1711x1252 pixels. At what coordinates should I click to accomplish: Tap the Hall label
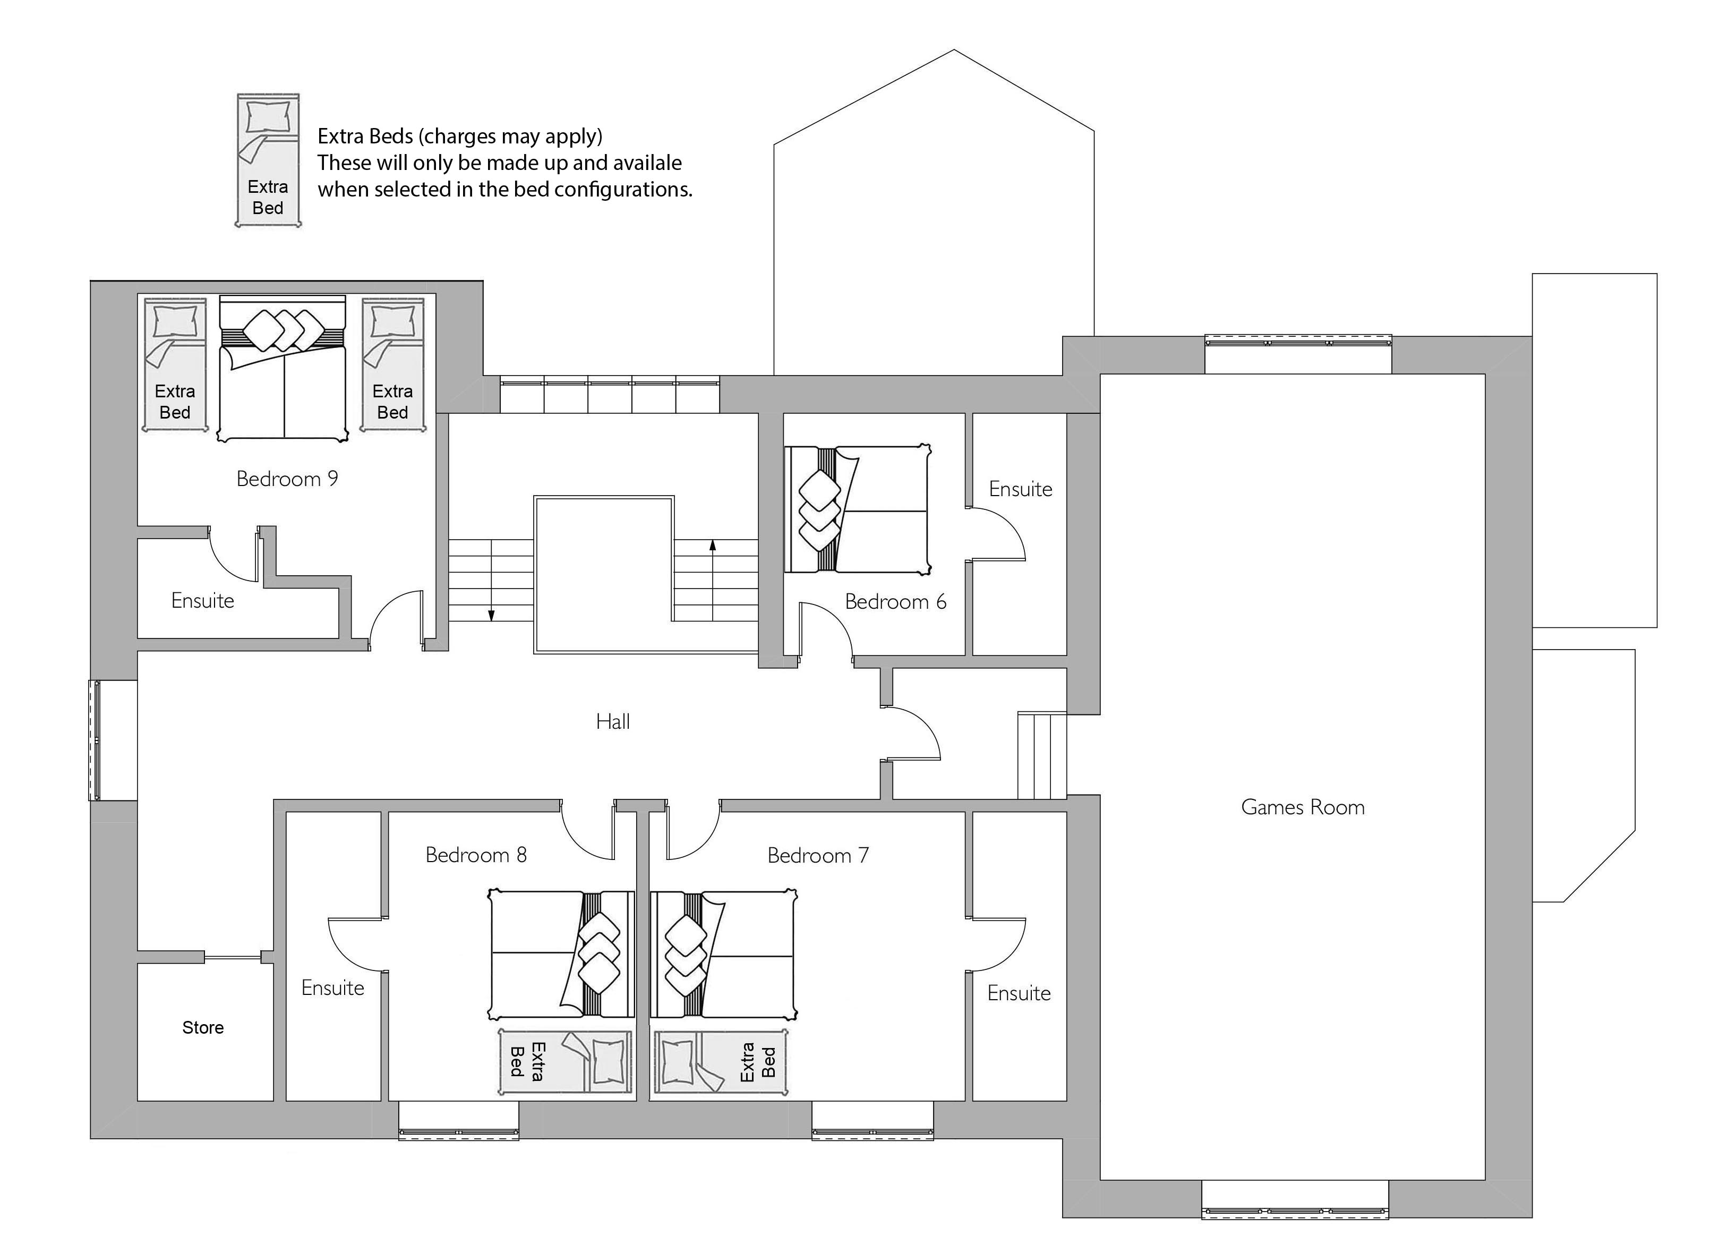click(x=612, y=721)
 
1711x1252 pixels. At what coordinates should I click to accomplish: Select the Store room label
click(x=202, y=1028)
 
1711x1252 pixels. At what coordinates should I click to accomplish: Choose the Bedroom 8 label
click(x=475, y=855)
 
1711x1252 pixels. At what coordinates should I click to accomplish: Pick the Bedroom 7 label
click(x=818, y=856)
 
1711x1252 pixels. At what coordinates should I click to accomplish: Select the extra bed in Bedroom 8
click(x=564, y=1061)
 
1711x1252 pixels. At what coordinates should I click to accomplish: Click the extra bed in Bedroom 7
click(x=721, y=1061)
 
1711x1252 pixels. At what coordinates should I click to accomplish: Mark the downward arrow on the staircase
click(x=491, y=615)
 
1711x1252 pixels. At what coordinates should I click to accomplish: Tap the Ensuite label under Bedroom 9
click(x=202, y=601)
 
